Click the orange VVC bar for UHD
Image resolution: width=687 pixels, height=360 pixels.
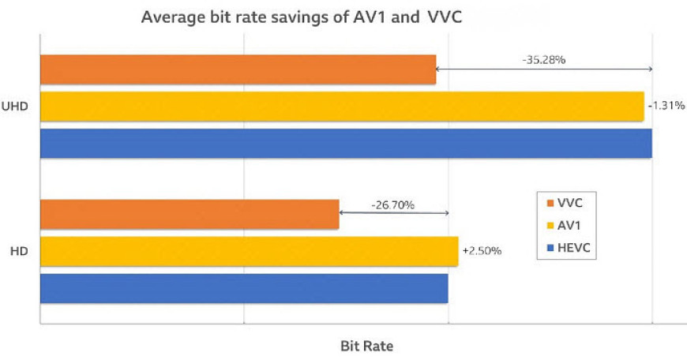pos(237,69)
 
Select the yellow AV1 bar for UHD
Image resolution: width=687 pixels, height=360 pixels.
pos(341,107)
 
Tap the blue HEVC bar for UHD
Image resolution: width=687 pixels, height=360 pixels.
pos(345,143)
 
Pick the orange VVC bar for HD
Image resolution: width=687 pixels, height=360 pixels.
pos(189,215)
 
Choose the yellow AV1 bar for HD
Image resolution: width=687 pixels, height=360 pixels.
pos(248,251)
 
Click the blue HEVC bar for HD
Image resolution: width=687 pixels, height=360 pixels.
pos(243,288)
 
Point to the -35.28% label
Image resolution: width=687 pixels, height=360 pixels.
pos(542,59)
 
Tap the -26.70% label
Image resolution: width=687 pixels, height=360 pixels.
pos(392,204)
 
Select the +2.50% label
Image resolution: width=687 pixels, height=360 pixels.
pos(481,251)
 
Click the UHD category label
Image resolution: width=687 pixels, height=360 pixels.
pos(17,107)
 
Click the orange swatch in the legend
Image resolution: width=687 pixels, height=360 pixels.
pos(550,202)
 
